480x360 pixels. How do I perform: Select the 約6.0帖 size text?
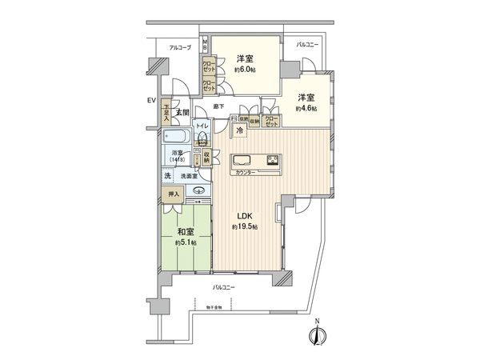[x=244, y=70]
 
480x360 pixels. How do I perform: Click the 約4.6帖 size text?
[x=306, y=108]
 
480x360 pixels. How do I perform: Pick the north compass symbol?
[x=318, y=337]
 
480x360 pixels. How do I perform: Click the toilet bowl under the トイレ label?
[x=203, y=139]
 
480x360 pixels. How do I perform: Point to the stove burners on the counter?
[x=272, y=158]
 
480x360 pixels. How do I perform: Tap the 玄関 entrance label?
[x=182, y=113]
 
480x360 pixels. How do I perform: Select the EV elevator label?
[x=150, y=101]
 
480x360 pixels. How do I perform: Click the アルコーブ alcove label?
[x=179, y=50]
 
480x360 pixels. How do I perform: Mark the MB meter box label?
[x=205, y=43]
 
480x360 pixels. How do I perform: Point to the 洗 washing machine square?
[x=169, y=175]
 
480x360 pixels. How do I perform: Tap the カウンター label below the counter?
[x=246, y=173]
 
